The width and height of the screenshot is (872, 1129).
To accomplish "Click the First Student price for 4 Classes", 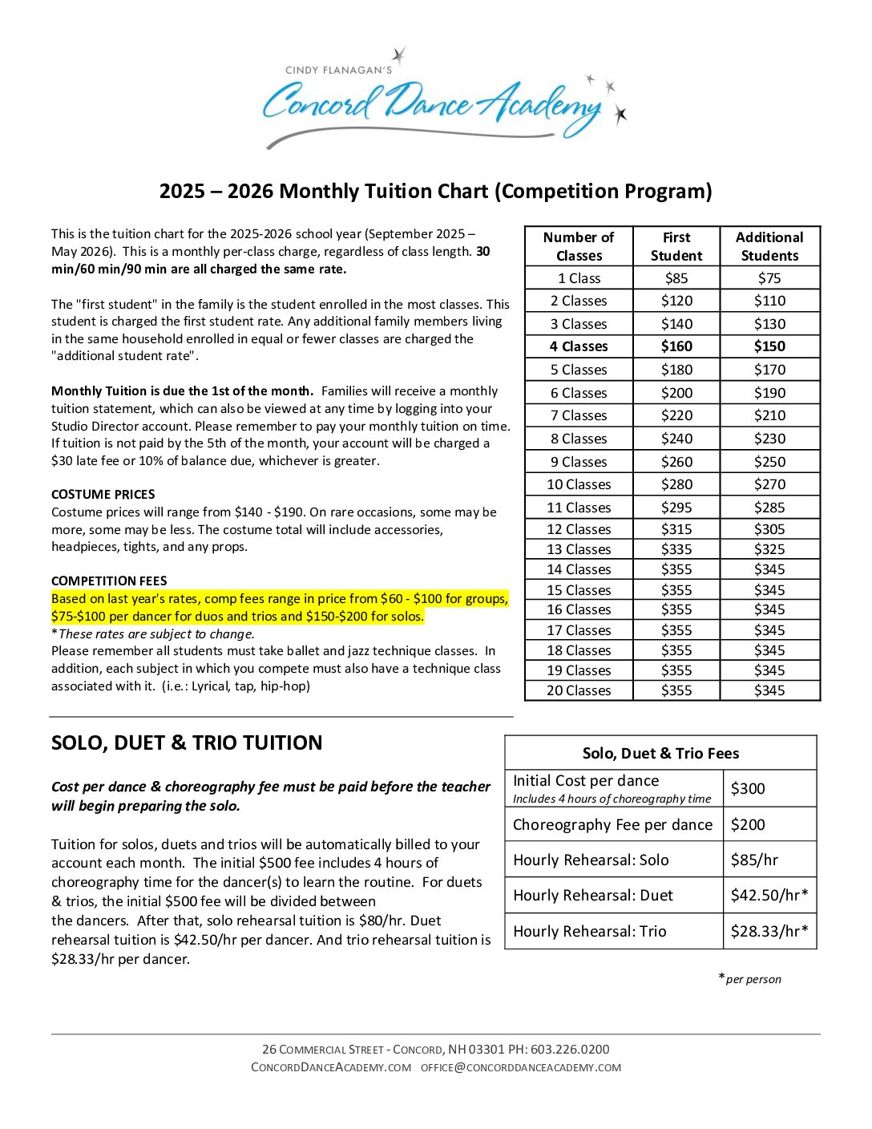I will [676, 346].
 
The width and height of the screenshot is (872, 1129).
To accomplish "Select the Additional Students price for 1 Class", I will [769, 278].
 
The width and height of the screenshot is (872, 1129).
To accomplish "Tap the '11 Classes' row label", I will [579, 508].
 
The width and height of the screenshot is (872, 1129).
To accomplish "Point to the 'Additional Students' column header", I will [769, 246].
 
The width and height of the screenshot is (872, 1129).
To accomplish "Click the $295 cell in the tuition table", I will [676, 508].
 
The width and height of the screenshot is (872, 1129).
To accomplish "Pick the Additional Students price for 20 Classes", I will [769, 690].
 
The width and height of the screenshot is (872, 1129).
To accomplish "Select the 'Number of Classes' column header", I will [579, 246].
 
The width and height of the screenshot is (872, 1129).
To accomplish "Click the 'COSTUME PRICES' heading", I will [103, 495].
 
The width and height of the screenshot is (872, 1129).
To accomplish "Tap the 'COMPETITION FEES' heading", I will [109, 581].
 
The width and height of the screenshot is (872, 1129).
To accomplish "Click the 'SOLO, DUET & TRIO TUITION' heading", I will [187, 743].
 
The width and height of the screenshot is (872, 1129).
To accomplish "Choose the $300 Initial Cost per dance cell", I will [748, 789].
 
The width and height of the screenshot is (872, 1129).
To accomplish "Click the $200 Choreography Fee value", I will [748, 824].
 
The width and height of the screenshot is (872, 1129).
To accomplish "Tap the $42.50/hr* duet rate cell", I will [769, 896].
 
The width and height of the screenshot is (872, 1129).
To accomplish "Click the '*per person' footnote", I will [750, 979].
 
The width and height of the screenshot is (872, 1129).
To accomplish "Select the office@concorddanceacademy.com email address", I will [521, 1068].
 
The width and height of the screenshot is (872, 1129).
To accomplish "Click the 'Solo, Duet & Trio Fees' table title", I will [660, 754].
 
